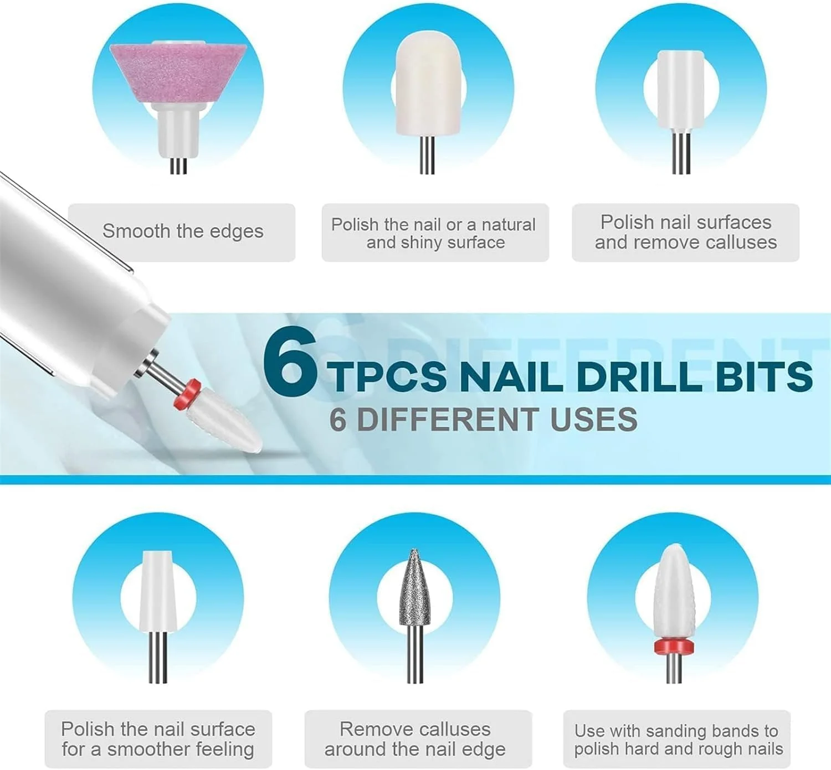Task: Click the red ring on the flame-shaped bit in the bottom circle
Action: tap(674, 646)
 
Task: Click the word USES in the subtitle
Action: tap(593, 420)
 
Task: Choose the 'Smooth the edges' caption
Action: tap(183, 231)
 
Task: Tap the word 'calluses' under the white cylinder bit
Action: tap(741, 242)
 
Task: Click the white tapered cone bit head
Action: tap(158, 591)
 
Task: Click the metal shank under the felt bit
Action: tap(427, 155)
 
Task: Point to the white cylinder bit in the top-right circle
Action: tap(681, 90)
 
